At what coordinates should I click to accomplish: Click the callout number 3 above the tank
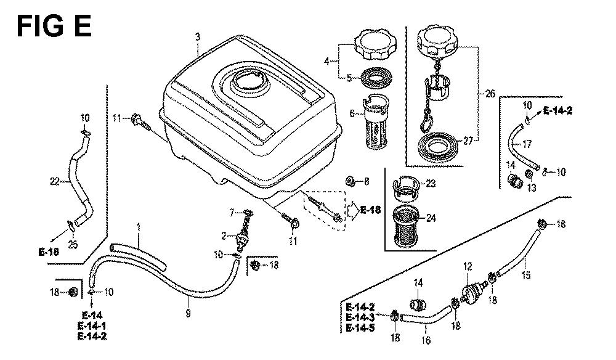click(x=198, y=38)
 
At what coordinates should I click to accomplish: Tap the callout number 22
click(x=54, y=181)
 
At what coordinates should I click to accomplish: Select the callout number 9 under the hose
click(x=188, y=314)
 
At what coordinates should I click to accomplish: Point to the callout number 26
click(x=490, y=94)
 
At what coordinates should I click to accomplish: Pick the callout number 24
click(x=429, y=217)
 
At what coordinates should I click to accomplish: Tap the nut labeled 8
click(x=349, y=181)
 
